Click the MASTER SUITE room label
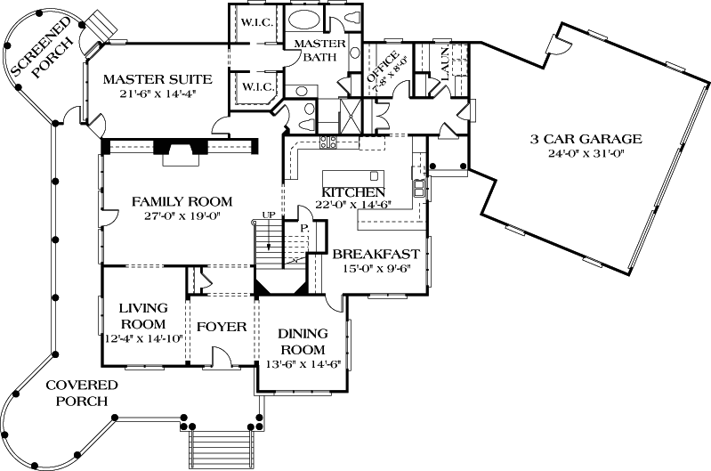156,79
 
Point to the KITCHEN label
353,192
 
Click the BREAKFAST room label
376,254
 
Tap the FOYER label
221,327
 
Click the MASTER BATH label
315,51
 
